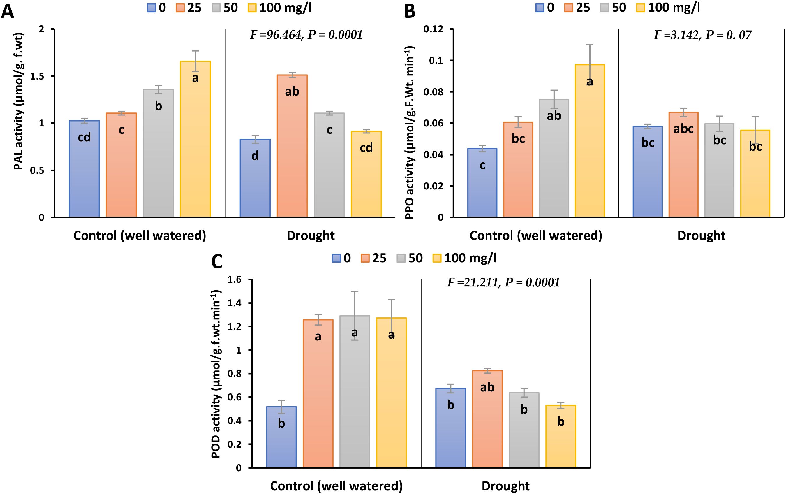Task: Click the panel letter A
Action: [x=8, y=11]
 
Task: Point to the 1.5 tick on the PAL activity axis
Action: [x=37, y=76]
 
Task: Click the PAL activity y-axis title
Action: [x=19, y=101]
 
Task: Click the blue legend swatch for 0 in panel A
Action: [x=151, y=8]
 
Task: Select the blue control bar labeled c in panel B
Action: [x=482, y=183]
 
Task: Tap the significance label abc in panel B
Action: [x=683, y=129]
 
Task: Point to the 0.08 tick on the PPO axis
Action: [x=434, y=92]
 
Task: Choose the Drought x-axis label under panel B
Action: [x=701, y=235]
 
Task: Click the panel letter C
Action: [x=217, y=261]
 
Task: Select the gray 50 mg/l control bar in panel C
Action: [x=355, y=391]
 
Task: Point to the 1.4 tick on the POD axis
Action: [x=234, y=303]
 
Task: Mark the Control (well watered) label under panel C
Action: [x=336, y=486]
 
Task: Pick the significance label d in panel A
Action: [x=255, y=156]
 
